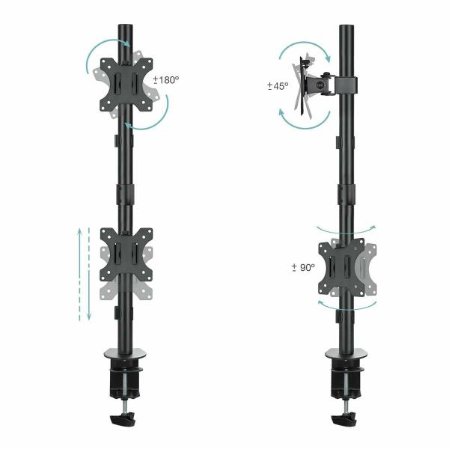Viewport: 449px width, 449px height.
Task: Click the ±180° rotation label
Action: (x=167, y=79)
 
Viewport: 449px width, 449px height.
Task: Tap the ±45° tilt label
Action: (x=278, y=86)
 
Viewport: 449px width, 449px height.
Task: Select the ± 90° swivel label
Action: (x=302, y=267)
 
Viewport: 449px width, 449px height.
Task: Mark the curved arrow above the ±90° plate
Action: (x=346, y=226)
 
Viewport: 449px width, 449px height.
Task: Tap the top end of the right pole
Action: (x=346, y=28)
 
